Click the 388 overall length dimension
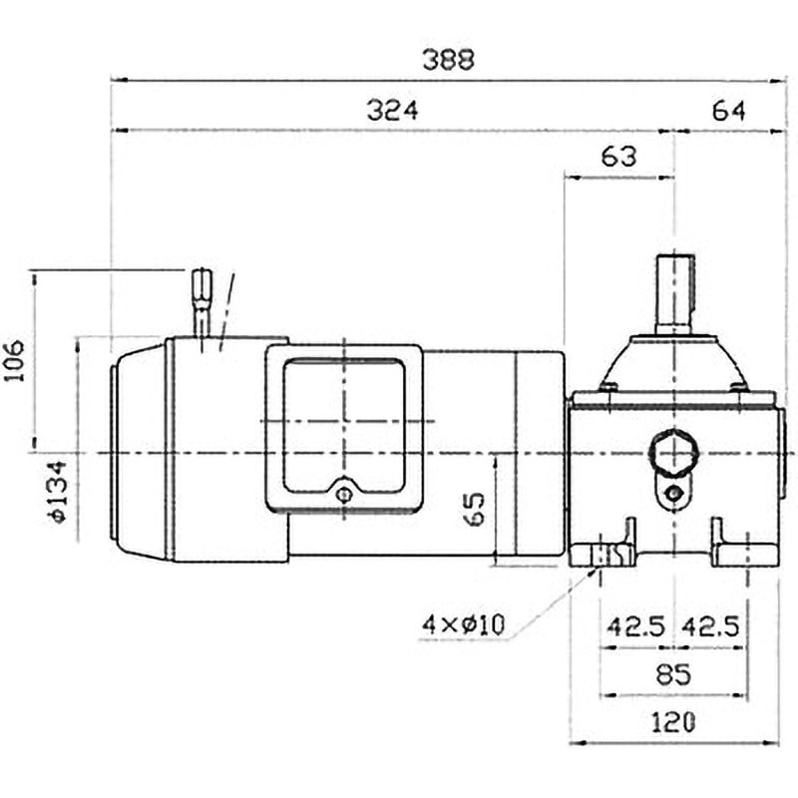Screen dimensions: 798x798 (x=448, y=59)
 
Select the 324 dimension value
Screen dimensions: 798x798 (x=391, y=111)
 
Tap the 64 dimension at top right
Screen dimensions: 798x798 (x=729, y=111)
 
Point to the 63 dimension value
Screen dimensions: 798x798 (x=618, y=157)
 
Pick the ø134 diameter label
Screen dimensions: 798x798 (x=56, y=491)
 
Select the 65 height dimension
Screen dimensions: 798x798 (x=475, y=508)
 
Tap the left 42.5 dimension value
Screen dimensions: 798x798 (x=635, y=626)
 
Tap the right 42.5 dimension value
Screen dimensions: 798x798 (x=709, y=626)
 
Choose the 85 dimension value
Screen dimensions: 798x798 (x=674, y=674)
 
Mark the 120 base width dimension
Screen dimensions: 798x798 (x=673, y=721)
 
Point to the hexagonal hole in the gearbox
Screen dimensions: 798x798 (x=672, y=455)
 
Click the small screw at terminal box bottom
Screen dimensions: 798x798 (x=344, y=494)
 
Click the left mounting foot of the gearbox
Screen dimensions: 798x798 (x=603, y=552)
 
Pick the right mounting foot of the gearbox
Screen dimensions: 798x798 (x=743, y=552)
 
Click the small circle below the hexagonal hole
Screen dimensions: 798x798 (x=675, y=493)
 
